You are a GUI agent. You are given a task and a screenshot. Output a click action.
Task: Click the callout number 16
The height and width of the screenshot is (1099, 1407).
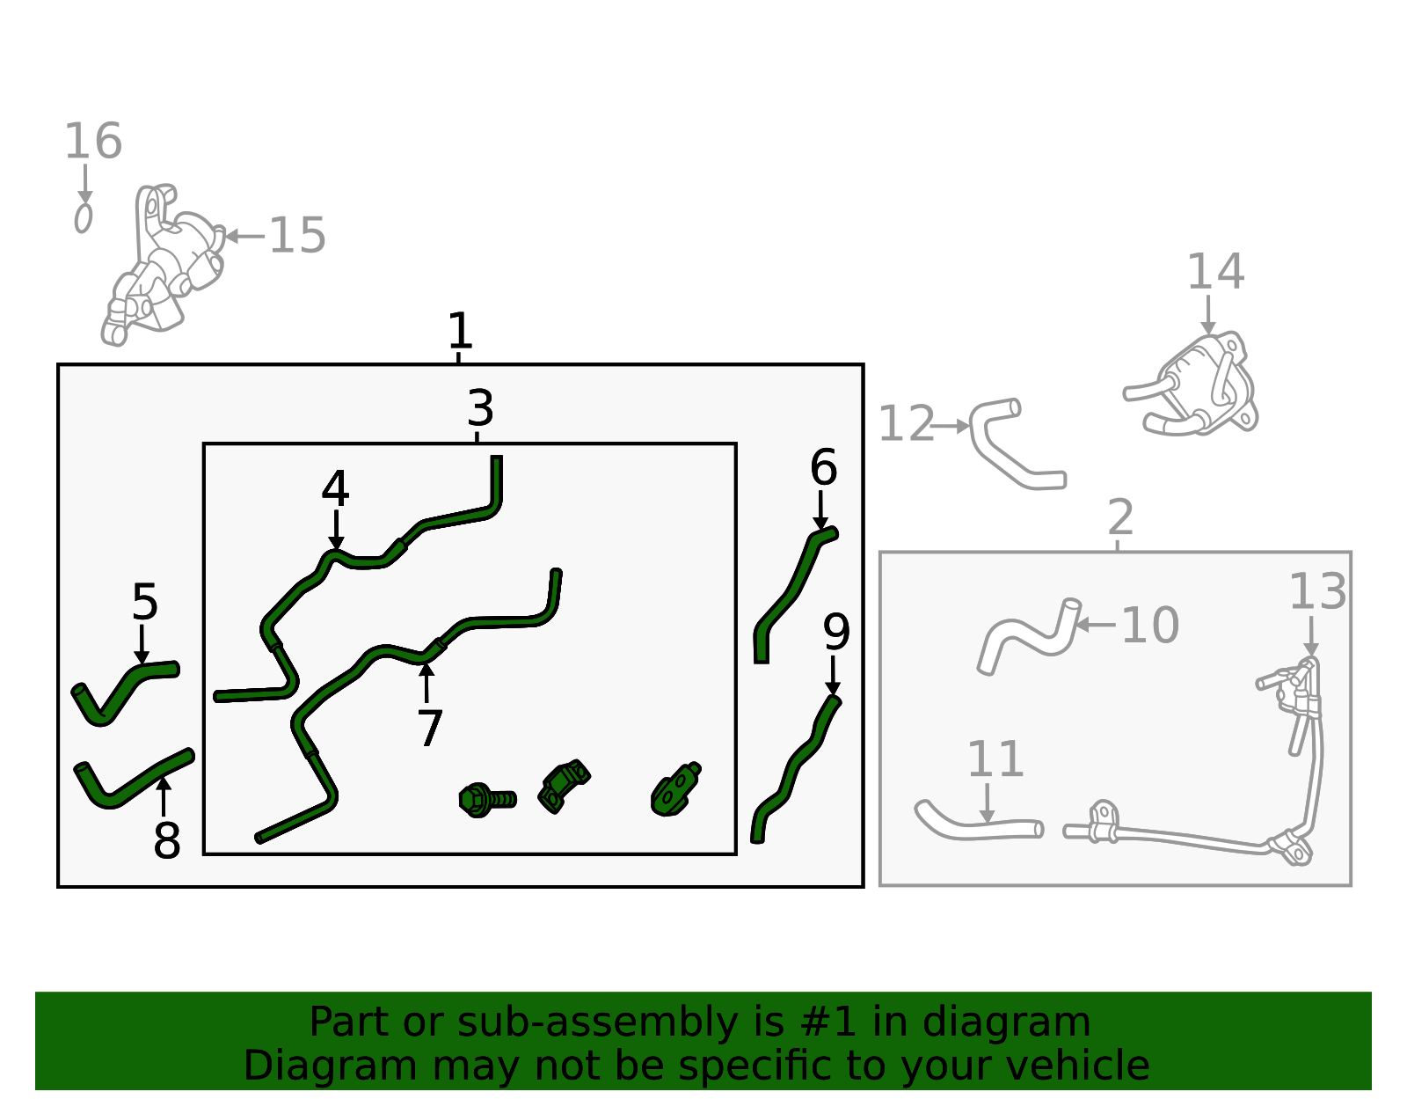click(x=93, y=141)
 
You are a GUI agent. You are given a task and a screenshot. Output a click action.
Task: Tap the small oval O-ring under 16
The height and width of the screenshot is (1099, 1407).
click(x=83, y=218)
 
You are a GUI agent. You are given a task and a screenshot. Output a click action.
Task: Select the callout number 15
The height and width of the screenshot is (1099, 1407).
click(x=297, y=236)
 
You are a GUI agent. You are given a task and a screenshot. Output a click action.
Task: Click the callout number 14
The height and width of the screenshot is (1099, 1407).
click(x=1215, y=272)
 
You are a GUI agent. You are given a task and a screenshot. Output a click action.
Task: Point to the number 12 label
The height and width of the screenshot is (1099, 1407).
click(x=906, y=424)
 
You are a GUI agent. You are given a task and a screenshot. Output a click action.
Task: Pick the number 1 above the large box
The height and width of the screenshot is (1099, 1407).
click(x=461, y=330)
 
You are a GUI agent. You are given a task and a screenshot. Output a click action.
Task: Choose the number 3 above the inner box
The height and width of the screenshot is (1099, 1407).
click(x=480, y=408)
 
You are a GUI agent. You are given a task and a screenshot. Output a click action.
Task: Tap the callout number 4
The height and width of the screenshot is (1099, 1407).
click(x=335, y=488)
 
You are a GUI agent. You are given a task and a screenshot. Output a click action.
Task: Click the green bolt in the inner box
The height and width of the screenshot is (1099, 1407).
click(x=487, y=800)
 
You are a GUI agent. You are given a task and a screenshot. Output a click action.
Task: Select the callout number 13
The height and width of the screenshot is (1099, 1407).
click(x=1318, y=592)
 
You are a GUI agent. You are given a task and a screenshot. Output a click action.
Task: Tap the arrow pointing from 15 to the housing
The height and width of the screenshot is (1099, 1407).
click(x=244, y=237)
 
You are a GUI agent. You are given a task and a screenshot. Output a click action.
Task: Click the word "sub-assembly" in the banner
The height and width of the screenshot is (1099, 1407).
click(x=597, y=1022)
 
